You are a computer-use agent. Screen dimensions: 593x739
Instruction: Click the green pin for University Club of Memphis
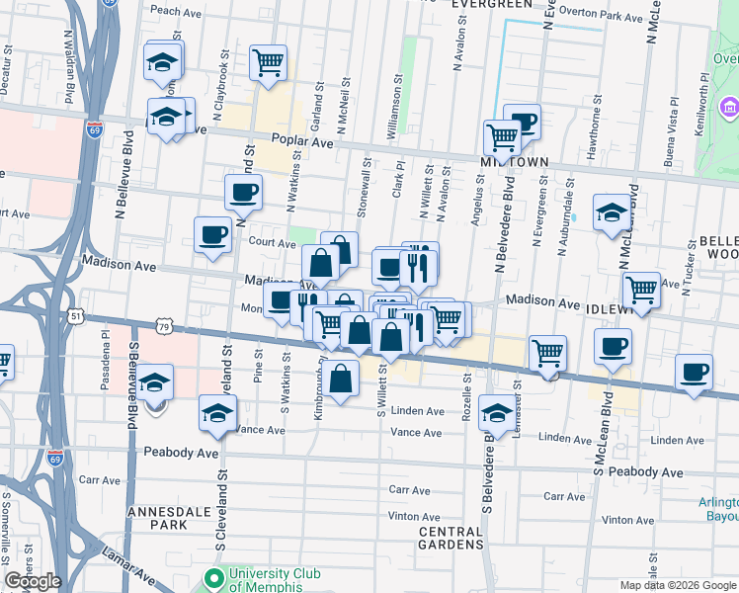[x=212, y=577]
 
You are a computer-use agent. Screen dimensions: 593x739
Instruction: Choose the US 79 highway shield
[x=164, y=325]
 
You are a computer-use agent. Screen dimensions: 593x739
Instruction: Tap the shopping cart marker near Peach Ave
[x=268, y=62]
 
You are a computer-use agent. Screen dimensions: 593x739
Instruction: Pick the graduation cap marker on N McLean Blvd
[x=612, y=212]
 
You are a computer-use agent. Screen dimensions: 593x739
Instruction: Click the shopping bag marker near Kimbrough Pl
[x=341, y=380]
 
